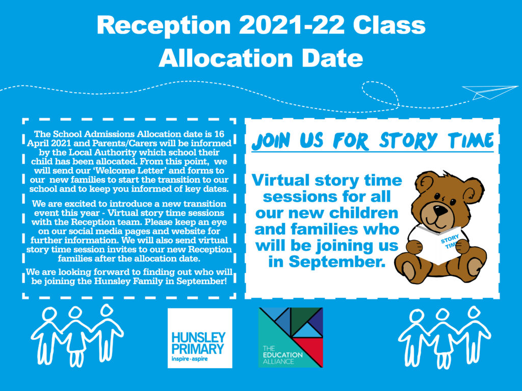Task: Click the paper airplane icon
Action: tap(489, 92)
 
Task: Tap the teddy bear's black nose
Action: tap(441, 210)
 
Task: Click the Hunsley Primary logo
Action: tap(200, 338)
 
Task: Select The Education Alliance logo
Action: tap(291, 338)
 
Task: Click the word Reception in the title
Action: tap(164, 25)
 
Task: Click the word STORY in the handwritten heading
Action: tap(408, 141)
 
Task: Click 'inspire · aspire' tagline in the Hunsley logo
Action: tap(190, 359)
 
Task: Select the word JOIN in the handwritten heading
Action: tap(271, 141)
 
